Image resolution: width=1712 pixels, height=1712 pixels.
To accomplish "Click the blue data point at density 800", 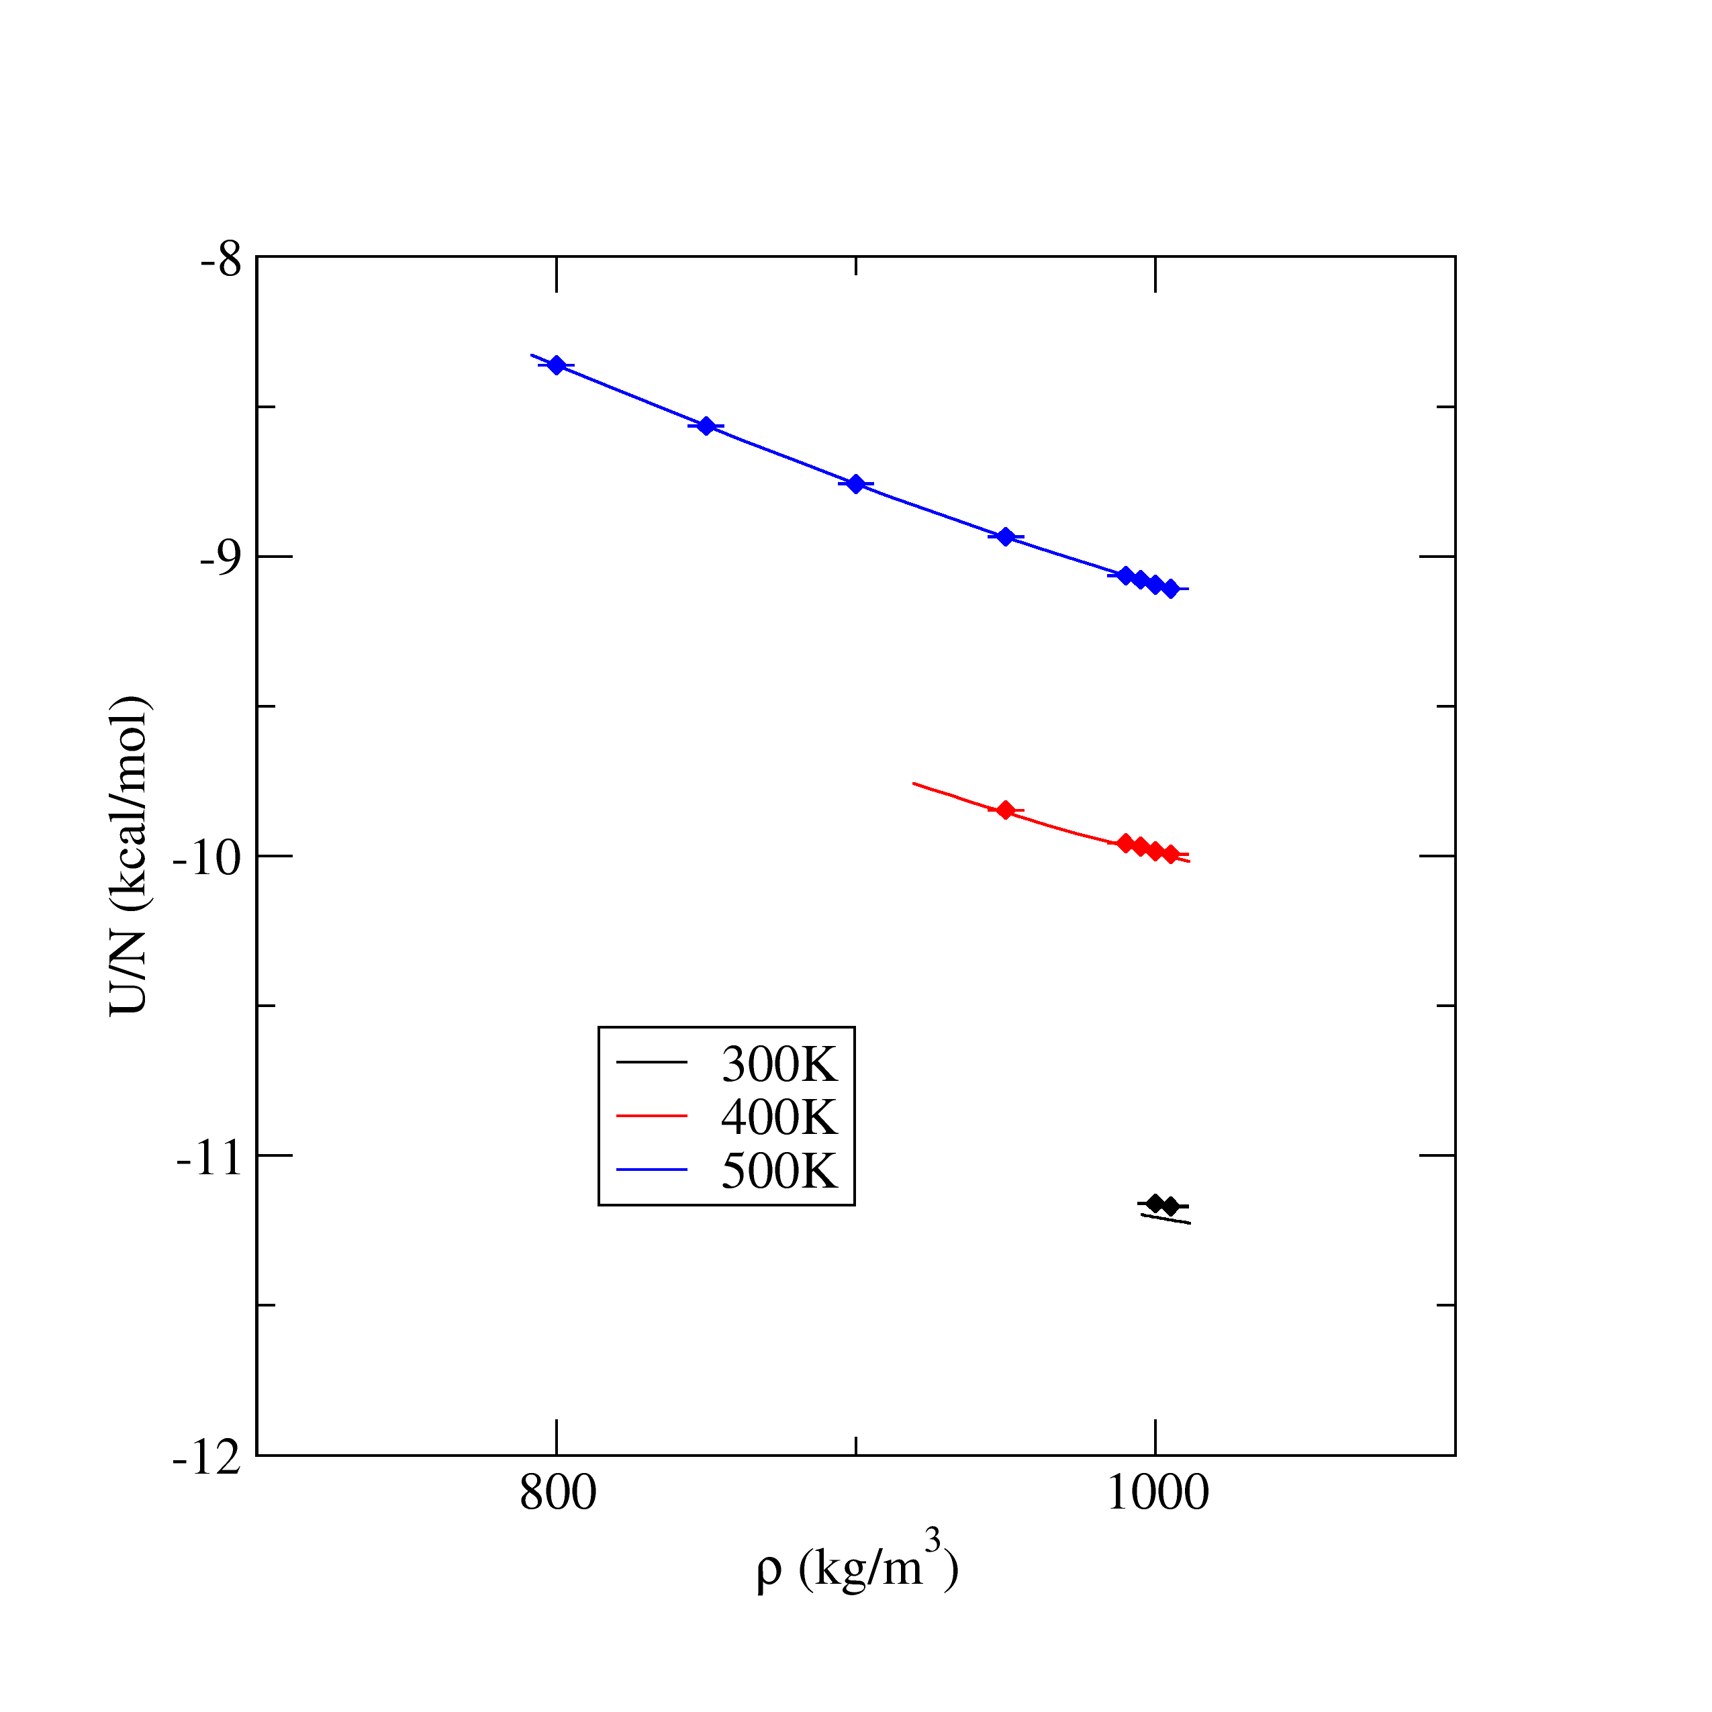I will point(557,365).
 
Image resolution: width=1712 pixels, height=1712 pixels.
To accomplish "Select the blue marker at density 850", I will point(706,426).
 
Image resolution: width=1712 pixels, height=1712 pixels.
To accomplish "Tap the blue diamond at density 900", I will point(856,484).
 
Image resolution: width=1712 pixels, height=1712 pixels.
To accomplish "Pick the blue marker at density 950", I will point(1005,536).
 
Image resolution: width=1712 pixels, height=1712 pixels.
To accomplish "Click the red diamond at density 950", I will point(1005,810).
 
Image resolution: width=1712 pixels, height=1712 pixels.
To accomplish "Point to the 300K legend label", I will point(779,1065).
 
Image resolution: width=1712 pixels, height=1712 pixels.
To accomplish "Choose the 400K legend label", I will point(779,1117).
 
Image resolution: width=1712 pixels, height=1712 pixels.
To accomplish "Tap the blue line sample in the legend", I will point(651,1170).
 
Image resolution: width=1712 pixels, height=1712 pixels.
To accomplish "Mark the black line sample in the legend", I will point(651,1063).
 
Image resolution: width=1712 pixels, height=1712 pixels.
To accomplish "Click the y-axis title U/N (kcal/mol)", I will point(130,856).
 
